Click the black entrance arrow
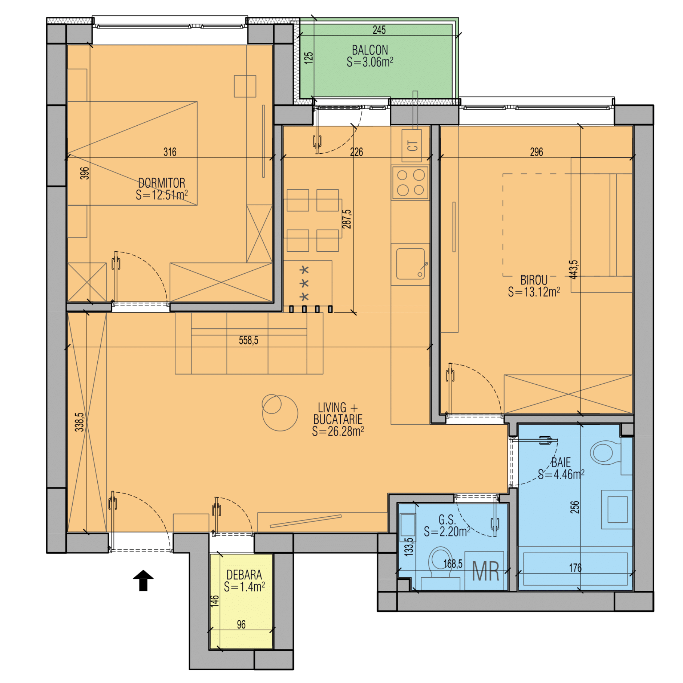click(143, 580)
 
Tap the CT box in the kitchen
click(412, 146)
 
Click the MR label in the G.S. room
click(486, 571)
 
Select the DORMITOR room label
click(162, 183)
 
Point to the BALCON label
click(370, 50)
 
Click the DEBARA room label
click(244, 575)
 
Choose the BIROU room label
click(534, 280)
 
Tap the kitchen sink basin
click(411, 264)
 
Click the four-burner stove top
click(410, 183)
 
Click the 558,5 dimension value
click(248, 340)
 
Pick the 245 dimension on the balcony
click(379, 30)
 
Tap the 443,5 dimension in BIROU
click(574, 270)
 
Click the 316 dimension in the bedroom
click(170, 152)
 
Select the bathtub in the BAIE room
click(575, 569)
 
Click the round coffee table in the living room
click(280, 413)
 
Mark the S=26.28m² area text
click(338, 431)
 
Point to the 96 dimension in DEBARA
click(241, 625)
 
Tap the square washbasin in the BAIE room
click(617, 509)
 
